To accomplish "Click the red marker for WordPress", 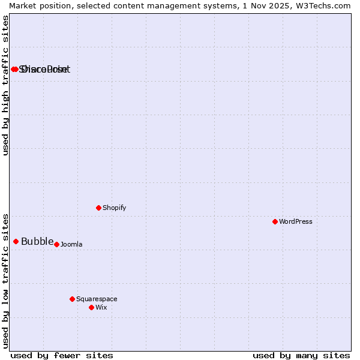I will pos(275,221).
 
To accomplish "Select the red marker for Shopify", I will pos(98,208).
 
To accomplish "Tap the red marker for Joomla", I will pos(56,244).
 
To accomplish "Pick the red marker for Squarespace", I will pos(72,299).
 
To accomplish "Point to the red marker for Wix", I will pos(91,307).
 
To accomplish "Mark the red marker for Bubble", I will pos(16,241).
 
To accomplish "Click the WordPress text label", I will pos(296,221).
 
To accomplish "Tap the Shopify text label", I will pos(114,208).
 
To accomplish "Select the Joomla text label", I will pos(71,244).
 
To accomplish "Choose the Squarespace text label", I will pos(97,299).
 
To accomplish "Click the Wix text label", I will pos(101,307).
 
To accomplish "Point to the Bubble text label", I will pos(37,242).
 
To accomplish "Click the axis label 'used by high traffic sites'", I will pos(5,85).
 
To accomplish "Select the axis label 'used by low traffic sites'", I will pos(5,280).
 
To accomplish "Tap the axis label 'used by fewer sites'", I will pos(62,355).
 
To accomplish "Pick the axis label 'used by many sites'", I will pos(301,355).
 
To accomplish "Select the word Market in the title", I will pos(23,5).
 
